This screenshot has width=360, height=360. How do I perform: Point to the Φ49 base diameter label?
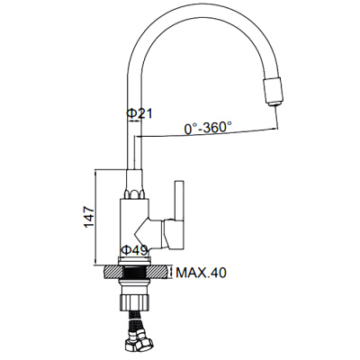tap(135, 251)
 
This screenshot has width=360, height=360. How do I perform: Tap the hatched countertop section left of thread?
tap(115, 271)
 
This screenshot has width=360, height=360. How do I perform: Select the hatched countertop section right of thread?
tap(159, 271)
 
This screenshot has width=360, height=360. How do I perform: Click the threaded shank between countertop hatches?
tap(138, 271)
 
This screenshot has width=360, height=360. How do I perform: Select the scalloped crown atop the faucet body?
tap(134, 193)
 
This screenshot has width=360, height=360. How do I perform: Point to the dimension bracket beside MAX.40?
tap(171, 272)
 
